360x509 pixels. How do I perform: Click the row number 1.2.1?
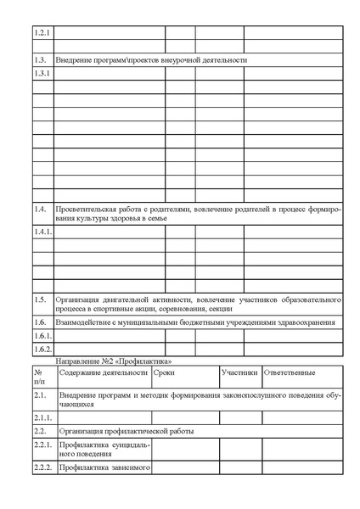[x=42, y=33]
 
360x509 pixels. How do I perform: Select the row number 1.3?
[x=40, y=60]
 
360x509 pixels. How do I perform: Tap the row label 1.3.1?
[x=42, y=74]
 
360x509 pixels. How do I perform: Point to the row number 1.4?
[x=40, y=208]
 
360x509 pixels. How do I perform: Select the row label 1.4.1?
[x=43, y=231]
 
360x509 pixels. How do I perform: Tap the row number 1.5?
[x=40, y=299]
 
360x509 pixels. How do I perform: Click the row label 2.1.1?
[x=43, y=417]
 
